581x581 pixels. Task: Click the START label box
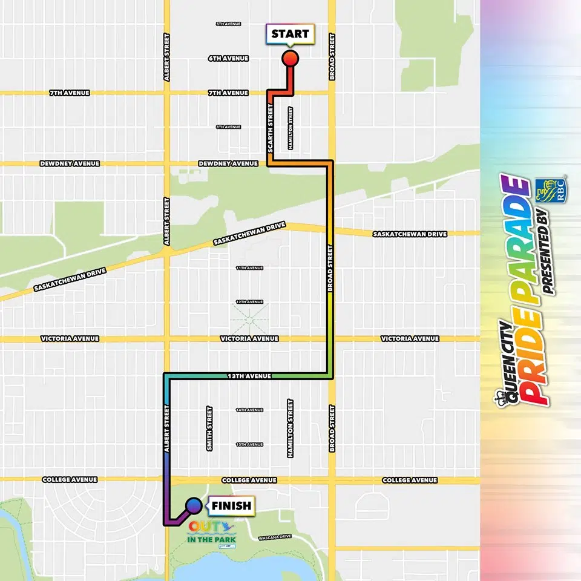click(x=290, y=34)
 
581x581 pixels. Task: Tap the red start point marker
click(x=290, y=58)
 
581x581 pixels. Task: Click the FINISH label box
click(x=231, y=505)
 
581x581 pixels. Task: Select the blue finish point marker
click(x=194, y=505)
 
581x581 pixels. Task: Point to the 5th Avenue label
click(x=228, y=24)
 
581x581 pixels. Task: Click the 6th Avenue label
click(x=228, y=59)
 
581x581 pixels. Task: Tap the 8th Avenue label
click(x=228, y=127)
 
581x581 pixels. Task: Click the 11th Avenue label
click(x=249, y=268)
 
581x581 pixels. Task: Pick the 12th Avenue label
click(x=249, y=301)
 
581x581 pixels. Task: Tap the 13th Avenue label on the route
click(x=249, y=376)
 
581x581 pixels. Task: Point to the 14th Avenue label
click(x=249, y=410)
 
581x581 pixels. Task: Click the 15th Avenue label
click(x=249, y=444)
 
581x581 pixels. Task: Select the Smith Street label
click(x=209, y=429)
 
